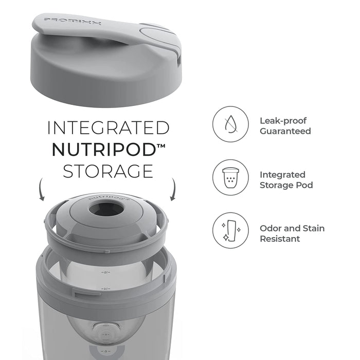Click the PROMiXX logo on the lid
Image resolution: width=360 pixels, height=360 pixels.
(x=72, y=22)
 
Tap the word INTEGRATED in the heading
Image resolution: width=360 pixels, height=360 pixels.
(x=109, y=128)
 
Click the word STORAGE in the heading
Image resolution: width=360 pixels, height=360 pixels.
(x=108, y=171)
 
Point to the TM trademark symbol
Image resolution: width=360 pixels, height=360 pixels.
(x=161, y=146)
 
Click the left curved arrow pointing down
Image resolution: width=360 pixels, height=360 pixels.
(x=41, y=189)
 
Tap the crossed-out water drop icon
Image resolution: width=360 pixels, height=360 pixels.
(x=230, y=124)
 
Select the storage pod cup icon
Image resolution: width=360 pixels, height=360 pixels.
(x=230, y=178)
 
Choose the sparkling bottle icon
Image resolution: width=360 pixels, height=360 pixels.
(x=231, y=230)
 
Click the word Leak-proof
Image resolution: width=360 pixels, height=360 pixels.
(x=283, y=121)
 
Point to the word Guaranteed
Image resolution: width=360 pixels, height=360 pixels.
(x=285, y=131)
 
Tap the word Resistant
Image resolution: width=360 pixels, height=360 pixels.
(x=280, y=239)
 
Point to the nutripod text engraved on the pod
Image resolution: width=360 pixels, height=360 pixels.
(x=109, y=198)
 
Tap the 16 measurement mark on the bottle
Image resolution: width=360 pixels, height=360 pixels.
(x=105, y=273)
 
